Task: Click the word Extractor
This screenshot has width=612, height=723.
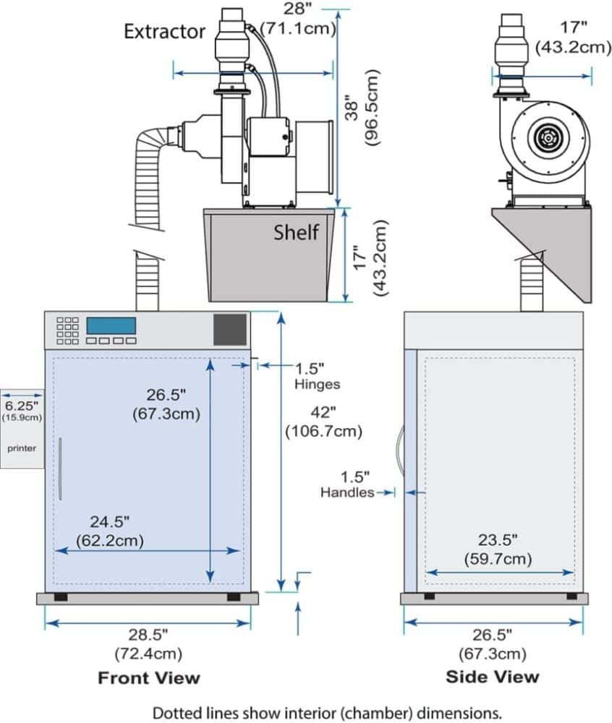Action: pos(164,31)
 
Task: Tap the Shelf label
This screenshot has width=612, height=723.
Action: pos(296,232)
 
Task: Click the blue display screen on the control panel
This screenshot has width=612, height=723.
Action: pos(111,325)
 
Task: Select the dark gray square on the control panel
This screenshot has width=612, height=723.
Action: pos(229,330)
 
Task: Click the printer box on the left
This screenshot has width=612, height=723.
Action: pos(22,429)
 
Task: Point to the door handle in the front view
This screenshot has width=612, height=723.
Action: pos(61,469)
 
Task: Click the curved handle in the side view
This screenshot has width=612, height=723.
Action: pos(400,450)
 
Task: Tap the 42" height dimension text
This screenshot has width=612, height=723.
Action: pos(323,421)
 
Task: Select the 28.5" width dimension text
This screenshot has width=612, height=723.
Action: pos(148,643)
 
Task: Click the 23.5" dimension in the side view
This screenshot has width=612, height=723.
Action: pos(498,549)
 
